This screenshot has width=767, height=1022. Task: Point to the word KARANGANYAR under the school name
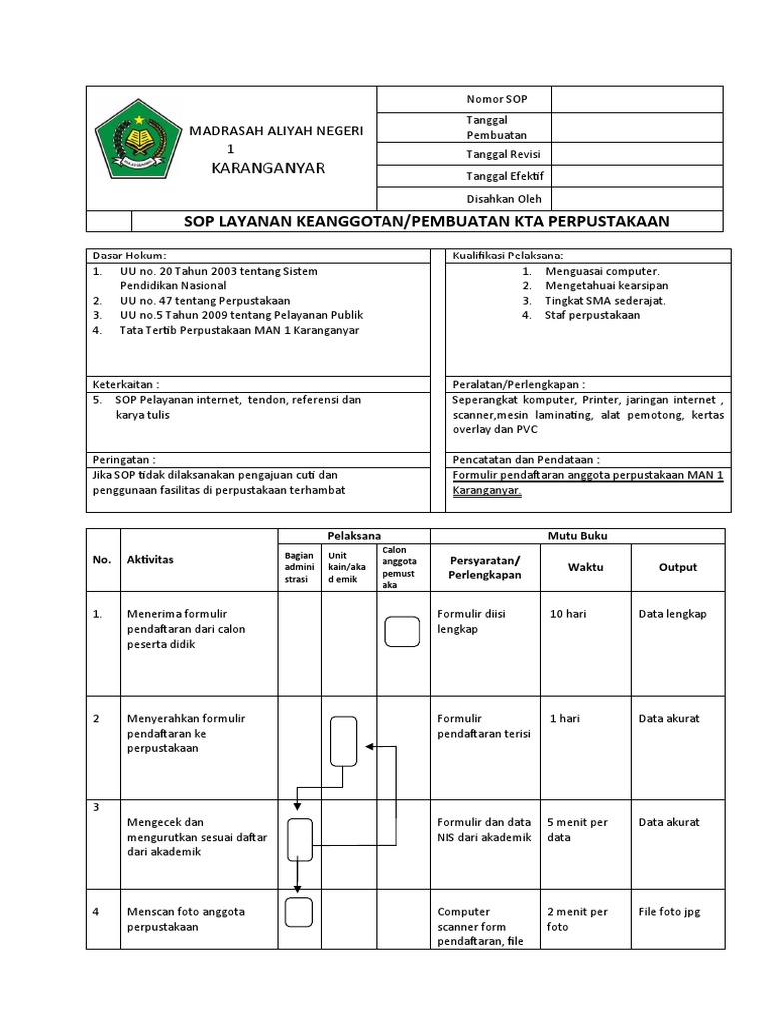(x=268, y=167)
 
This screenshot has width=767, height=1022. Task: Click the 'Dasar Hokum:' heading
(x=130, y=255)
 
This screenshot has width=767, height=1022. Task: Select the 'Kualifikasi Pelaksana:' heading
(x=508, y=255)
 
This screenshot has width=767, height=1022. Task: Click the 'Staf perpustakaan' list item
(x=592, y=315)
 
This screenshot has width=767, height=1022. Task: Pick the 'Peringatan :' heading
(x=125, y=459)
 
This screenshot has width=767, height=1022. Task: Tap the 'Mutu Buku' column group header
(x=577, y=536)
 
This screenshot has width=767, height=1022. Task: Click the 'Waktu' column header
(x=585, y=567)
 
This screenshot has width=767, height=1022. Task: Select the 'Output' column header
(x=678, y=567)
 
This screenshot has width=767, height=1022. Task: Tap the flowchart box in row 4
(x=298, y=912)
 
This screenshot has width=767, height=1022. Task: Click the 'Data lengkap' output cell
(x=672, y=614)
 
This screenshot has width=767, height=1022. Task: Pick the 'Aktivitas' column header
(x=150, y=560)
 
